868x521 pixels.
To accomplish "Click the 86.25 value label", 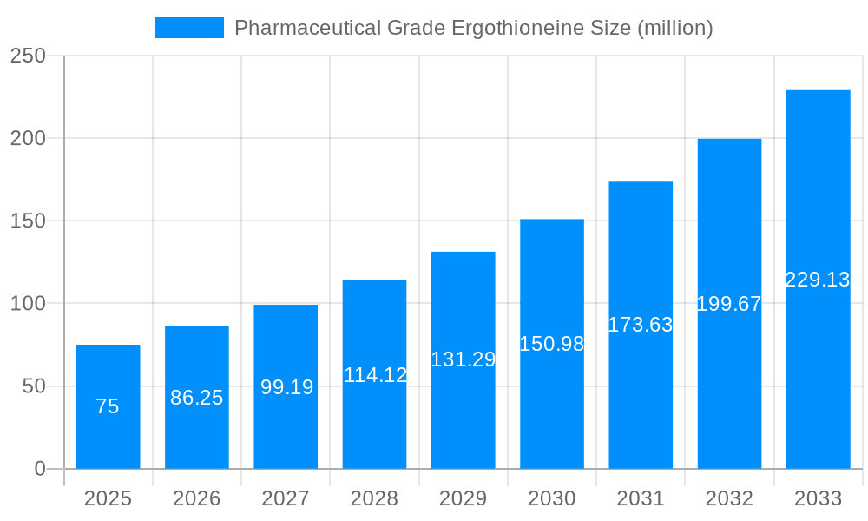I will tap(197, 398).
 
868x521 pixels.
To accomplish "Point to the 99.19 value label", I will tap(286, 387).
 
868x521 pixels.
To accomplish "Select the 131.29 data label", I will tap(463, 359).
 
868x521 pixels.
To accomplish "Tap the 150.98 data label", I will tap(551, 344).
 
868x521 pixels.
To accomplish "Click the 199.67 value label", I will tap(729, 304).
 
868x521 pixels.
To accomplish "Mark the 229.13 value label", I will tap(818, 280).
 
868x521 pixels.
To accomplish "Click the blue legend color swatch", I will tap(188, 28).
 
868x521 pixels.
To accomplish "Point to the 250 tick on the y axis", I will tap(28, 56).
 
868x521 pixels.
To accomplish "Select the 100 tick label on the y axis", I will tap(28, 304).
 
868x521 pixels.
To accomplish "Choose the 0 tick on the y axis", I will tap(39, 469).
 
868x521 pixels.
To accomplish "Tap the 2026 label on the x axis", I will tap(197, 498).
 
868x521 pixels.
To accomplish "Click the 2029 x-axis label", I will tap(463, 498).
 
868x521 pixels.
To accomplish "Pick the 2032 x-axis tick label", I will tap(729, 498).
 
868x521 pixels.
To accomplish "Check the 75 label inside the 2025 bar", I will tap(108, 406).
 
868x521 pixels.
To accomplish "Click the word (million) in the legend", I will tap(675, 28).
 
